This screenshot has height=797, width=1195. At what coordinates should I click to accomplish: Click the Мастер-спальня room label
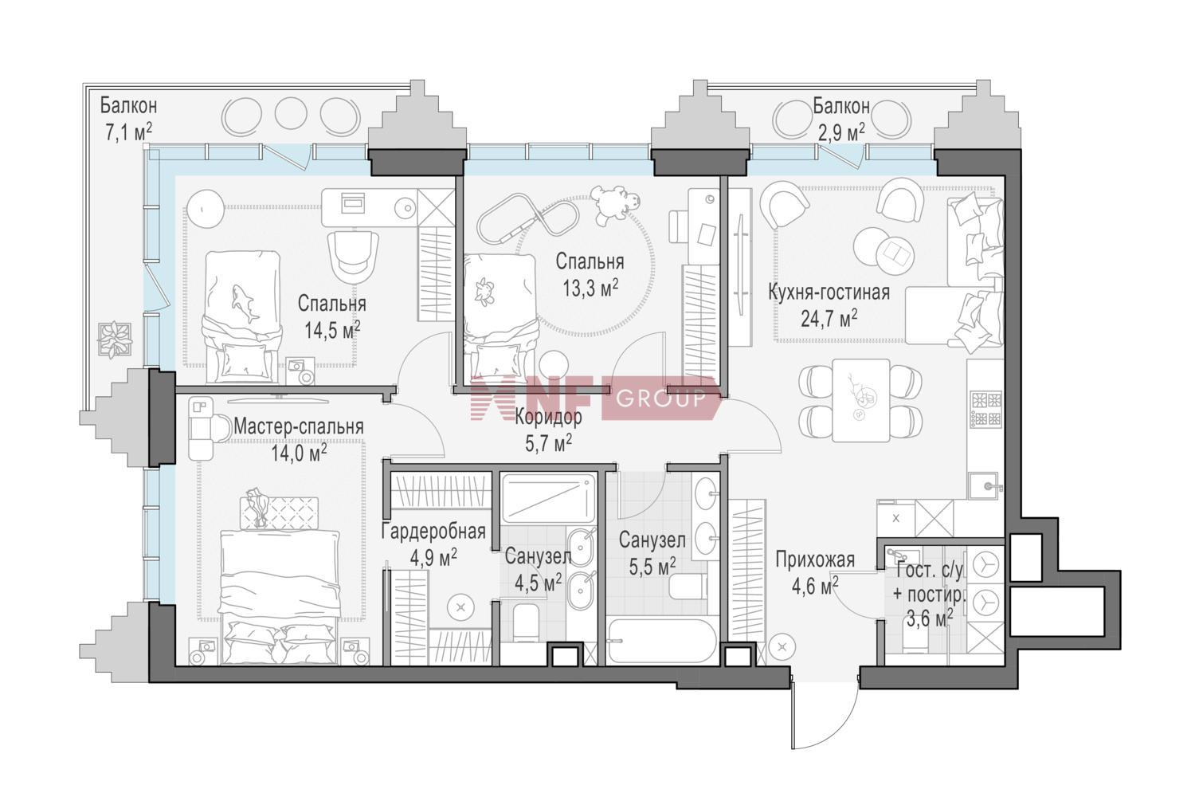(x=299, y=427)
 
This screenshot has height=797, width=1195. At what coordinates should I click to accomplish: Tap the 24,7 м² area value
(x=829, y=319)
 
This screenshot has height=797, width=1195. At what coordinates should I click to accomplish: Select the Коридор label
(x=548, y=418)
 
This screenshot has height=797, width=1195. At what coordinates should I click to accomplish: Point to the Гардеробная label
(x=433, y=532)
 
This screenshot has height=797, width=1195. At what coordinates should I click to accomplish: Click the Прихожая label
(x=815, y=560)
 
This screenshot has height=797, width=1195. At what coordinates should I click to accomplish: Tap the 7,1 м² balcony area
(x=128, y=132)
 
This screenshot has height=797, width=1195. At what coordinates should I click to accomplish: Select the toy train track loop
(x=527, y=220)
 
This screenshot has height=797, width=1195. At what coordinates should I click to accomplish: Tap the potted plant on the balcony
(x=115, y=339)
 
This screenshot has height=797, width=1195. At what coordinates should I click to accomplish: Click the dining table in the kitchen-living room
(x=860, y=400)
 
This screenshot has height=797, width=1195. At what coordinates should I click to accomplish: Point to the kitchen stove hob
(x=986, y=410)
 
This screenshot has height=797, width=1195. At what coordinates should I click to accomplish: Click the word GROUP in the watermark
(x=661, y=398)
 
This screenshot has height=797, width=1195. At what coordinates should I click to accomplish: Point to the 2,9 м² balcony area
(x=841, y=132)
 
